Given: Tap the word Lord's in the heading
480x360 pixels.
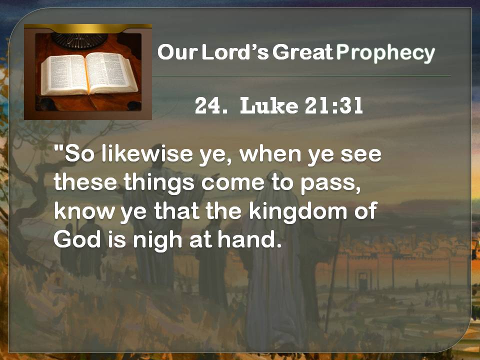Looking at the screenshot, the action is [x=235, y=51].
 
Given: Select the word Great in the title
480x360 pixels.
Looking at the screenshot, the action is [x=302, y=51].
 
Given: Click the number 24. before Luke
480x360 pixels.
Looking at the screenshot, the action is [x=211, y=105].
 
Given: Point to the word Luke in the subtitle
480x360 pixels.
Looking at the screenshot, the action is [x=269, y=105].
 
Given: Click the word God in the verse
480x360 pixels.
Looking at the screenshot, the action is [x=77, y=239].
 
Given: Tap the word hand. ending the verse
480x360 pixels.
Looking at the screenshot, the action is [x=249, y=239].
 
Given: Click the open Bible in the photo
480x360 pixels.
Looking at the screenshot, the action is [x=89, y=73].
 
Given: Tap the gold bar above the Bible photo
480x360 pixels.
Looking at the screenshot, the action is [x=88, y=28].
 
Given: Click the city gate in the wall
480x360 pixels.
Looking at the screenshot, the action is [x=363, y=280].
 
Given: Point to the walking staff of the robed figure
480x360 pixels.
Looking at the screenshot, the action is [x=333, y=275].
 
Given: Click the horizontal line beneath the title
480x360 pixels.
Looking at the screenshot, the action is [x=301, y=75].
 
